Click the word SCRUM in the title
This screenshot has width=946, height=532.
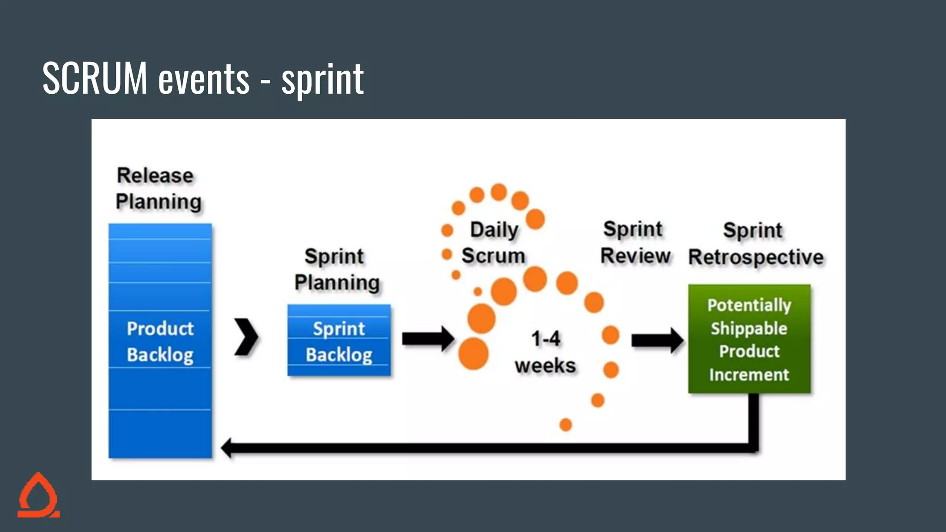pos(95,79)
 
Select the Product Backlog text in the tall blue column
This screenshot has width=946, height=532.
pos(160,342)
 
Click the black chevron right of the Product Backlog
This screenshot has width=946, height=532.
pos(246,337)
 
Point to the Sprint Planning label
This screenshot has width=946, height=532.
pos(336,270)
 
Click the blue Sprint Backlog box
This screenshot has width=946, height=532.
pos(339,340)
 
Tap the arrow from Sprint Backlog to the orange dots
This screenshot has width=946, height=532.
pos(428,339)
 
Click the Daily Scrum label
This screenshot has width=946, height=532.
pos(494,243)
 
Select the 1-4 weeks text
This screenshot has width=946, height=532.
pos(546,352)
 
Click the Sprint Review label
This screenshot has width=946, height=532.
pos(635,243)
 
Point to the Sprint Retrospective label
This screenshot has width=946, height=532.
pos(755,244)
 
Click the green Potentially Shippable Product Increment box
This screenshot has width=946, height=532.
pos(749,339)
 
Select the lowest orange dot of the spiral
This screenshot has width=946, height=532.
pos(565,424)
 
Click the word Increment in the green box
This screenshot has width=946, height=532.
pos(749,375)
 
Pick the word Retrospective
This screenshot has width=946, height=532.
pos(756,257)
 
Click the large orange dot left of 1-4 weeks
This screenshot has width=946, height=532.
pos(473,354)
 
